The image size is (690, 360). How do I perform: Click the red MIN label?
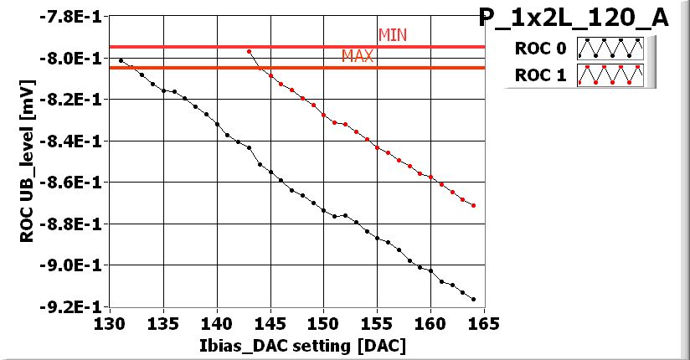pos(393,35)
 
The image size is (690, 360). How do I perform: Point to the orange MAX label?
pos(358,56)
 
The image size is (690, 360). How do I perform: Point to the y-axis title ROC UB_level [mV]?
pos(26,162)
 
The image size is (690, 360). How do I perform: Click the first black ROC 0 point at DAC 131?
pos(121,60)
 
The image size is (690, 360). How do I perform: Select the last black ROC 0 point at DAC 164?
pos(474,299)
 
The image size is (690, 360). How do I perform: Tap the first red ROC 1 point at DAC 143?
pos(249,51)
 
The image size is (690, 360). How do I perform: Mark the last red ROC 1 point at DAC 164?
pos(474,205)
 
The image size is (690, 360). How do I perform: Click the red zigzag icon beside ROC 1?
pos(614,75)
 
